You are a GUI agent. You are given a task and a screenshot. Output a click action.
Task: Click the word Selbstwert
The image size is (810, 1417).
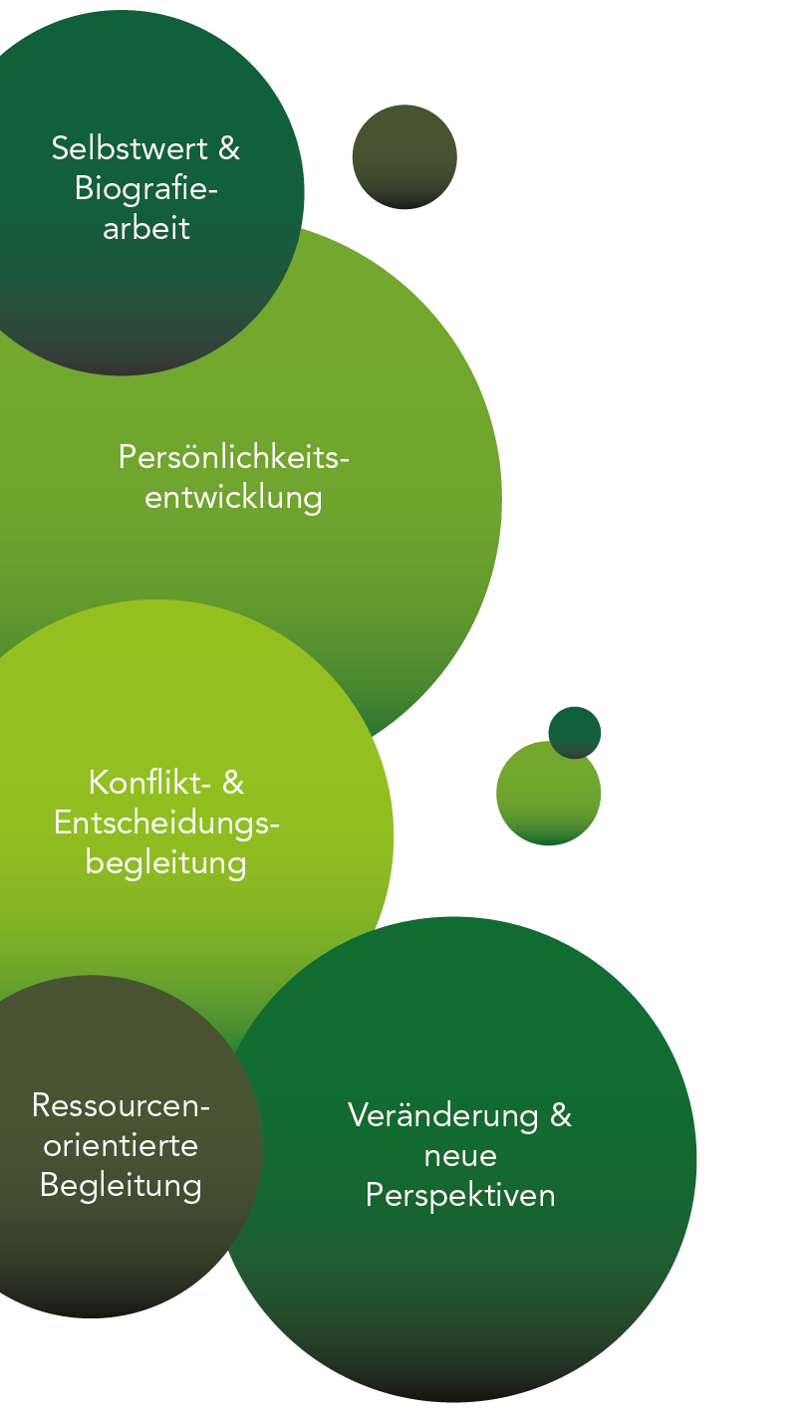132,148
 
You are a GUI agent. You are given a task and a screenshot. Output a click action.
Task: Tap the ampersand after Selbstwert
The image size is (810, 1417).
229,148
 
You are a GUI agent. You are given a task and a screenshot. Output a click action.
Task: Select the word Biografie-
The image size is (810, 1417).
145,188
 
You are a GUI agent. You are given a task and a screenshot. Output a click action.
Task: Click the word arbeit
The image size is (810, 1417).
145,228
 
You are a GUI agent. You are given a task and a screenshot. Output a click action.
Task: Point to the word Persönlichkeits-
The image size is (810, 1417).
234,457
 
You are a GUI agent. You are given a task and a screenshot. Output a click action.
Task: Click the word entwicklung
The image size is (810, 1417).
233,497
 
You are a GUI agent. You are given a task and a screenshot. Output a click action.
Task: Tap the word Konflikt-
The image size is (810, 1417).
149,783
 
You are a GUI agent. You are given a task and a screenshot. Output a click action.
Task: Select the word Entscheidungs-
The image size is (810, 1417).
166,823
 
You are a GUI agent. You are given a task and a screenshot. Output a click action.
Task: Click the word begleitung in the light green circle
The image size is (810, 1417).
165,862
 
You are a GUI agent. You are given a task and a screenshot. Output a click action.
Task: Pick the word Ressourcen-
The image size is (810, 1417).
121,1105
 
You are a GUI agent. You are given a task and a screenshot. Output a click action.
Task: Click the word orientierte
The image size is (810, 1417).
121,1145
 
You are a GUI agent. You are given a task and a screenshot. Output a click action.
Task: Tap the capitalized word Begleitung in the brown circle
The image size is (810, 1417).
121,1186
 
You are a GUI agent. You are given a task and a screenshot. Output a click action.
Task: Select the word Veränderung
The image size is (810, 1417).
442,1114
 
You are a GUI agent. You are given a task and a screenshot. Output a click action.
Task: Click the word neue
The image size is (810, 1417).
460,1155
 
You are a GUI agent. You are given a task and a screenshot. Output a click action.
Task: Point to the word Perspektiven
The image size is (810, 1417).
460,1195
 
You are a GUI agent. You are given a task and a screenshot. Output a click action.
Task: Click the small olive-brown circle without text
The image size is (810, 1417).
405,156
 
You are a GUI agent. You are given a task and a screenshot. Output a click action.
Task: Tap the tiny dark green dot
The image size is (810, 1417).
575,731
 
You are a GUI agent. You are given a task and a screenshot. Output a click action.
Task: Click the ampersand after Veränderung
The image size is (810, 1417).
561,1114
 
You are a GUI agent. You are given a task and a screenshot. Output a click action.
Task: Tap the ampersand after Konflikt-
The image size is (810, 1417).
232,783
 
